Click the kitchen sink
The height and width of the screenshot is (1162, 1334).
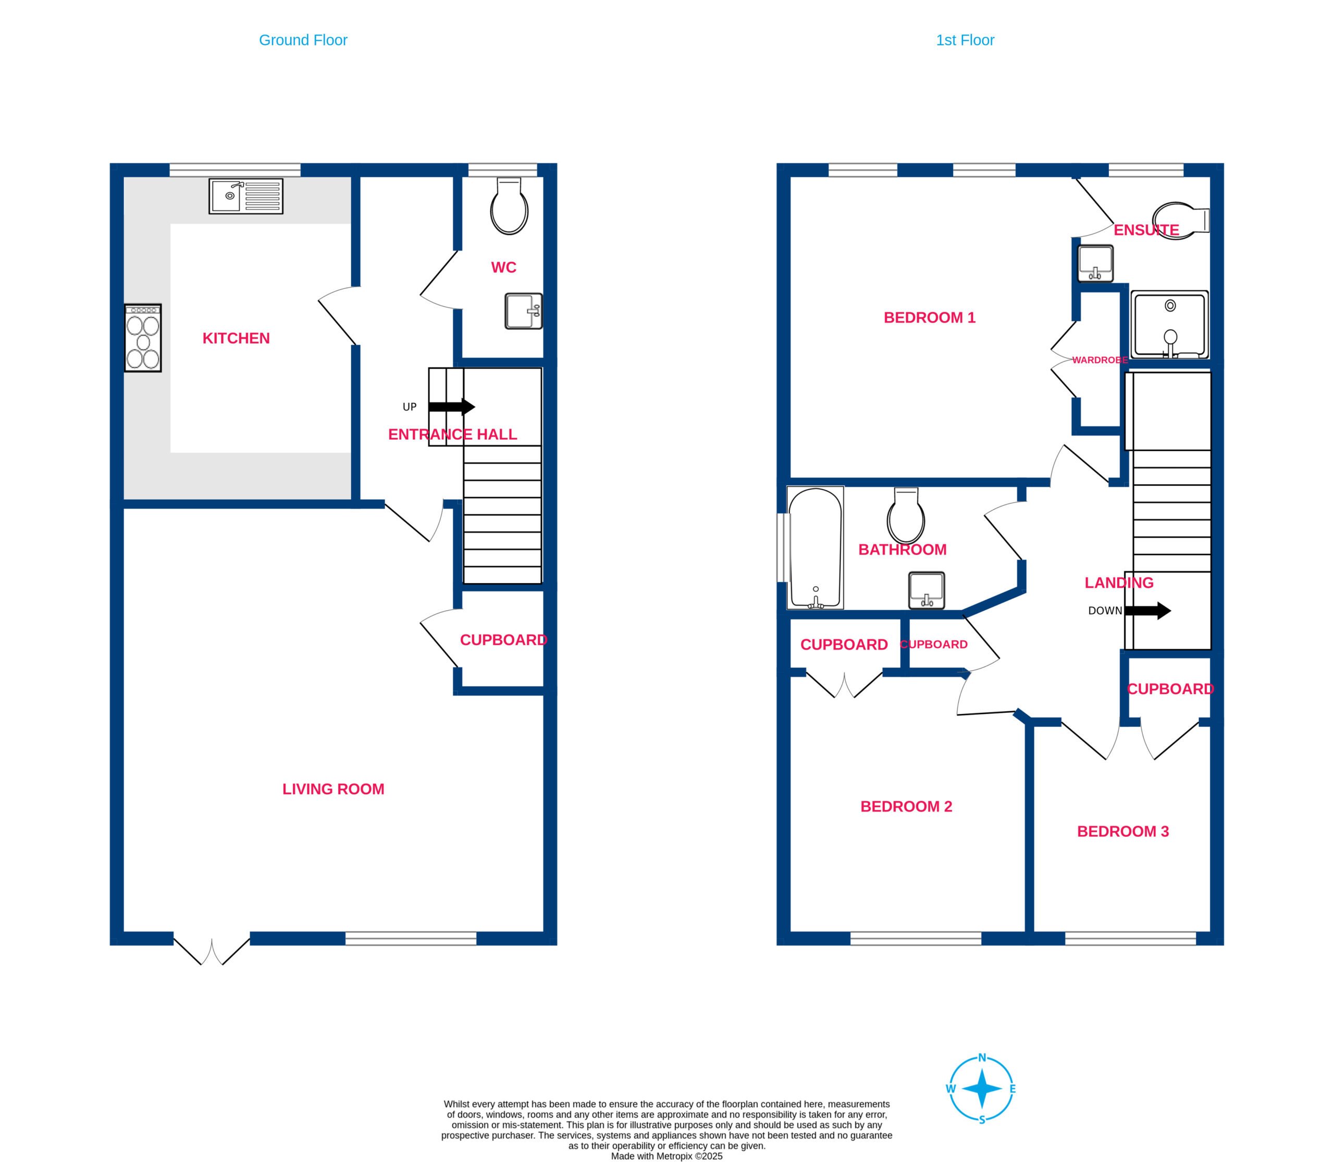(246, 196)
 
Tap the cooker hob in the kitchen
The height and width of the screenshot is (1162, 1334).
(143, 338)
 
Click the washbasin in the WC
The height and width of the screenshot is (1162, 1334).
(523, 311)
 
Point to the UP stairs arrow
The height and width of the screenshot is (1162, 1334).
(451, 406)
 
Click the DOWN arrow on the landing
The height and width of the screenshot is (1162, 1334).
(1147, 610)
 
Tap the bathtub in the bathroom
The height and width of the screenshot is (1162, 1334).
(815, 548)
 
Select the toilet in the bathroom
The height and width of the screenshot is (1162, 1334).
(906, 515)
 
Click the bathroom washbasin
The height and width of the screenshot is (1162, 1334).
(927, 590)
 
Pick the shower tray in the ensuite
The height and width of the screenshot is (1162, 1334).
(1170, 324)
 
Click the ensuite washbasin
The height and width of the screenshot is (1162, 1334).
(1095, 263)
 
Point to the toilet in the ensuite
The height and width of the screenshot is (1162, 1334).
(1181, 220)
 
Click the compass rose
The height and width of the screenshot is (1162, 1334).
(982, 1089)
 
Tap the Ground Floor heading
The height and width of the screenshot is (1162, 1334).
(303, 40)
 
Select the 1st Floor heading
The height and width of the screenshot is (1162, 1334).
(965, 40)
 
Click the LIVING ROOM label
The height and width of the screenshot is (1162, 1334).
(333, 789)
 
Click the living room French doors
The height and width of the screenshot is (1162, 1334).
(212, 948)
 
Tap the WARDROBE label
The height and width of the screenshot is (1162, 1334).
(1100, 360)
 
